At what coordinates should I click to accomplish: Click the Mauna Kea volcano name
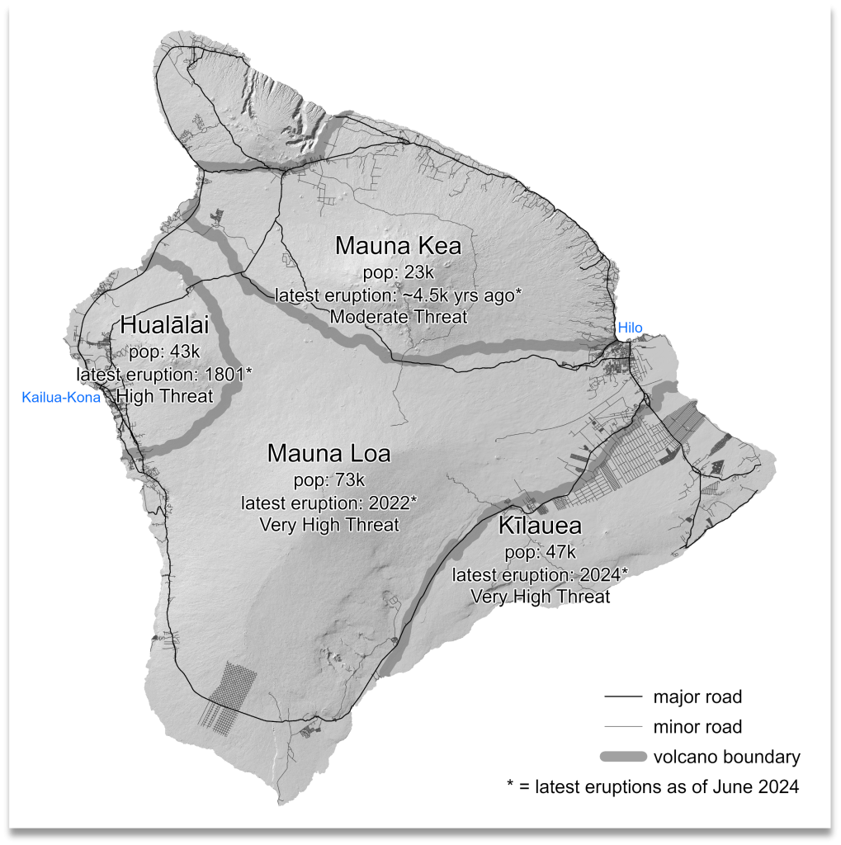pyautogui.click(x=397, y=246)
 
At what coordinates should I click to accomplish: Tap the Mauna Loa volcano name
pyautogui.click(x=328, y=454)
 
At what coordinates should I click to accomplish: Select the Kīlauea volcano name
pyautogui.click(x=540, y=526)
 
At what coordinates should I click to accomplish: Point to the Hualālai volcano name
pyautogui.click(x=163, y=324)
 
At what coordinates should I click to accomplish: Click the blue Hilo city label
pyautogui.click(x=630, y=328)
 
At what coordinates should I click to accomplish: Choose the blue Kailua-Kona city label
pyautogui.click(x=61, y=398)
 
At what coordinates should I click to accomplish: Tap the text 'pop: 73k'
pyautogui.click(x=328, y=479)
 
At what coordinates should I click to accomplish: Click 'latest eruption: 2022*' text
pyautogui.click(x=328, y=503)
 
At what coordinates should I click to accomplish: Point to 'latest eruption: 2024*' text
pyautogui.click(x=540, y=574)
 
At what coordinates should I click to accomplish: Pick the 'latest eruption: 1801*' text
pyautogui.click(x=163, y=374)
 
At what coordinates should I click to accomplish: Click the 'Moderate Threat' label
pyautogui.click(x=397, y=316)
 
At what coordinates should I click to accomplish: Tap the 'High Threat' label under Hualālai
pyautogui.click(x=163, y=397)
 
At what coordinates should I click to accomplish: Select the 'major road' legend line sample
pyautogui.click(x=622, y=697)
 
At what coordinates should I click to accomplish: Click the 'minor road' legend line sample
pyautogui.click(x=622, y=727)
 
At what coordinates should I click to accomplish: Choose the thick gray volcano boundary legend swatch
pyautogui.click(x=622, y=757)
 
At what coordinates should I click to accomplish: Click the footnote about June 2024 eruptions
pyautogui.click(x=653, y=786)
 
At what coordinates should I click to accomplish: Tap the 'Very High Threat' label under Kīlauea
pyautogui.click(x=540, y=596)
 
